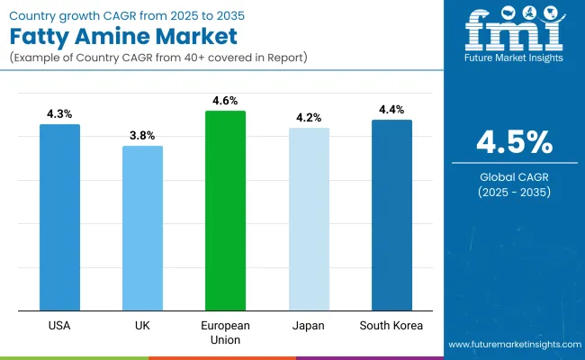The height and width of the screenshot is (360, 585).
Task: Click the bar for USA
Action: [x=59, y=217]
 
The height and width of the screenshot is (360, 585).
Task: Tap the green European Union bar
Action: [x=225, y=211]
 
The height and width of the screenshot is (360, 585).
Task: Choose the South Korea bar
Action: [x=391, y=215]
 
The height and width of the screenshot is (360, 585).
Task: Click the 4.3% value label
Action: [x=59, y=114]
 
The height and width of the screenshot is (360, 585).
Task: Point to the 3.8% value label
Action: [x=142, y=136]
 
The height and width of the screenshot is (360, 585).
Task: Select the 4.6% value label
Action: [x=225, y=101]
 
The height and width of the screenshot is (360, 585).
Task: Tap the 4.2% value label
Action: [x=309, y=118]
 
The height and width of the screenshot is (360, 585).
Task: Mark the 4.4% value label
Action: [x=391, y=110]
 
